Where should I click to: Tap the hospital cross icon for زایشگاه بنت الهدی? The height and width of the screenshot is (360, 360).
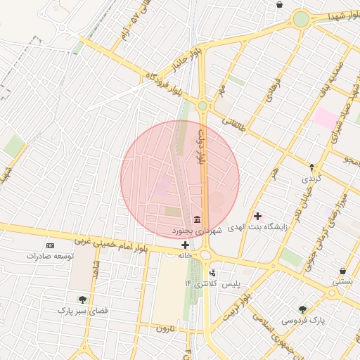(x=257, y=215)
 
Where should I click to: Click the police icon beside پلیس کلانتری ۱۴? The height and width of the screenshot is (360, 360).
(x=213, y=272)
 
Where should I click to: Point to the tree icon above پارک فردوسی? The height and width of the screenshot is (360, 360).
(x=302, y=309)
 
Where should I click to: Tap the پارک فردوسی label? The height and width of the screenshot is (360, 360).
(x=304, y=321)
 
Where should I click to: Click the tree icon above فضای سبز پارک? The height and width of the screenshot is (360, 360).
(x=82, y=300)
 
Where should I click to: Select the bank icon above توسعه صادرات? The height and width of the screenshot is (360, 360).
(x=50, y=245)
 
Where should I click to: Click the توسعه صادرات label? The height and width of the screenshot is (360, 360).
(x=50, y=257)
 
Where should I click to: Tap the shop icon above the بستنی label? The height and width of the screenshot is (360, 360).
(x=342, y=271)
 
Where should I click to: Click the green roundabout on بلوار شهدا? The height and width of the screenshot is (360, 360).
(x=301, y=20)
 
